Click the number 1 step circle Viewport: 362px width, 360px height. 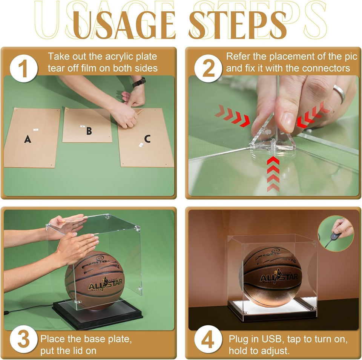(24, 69)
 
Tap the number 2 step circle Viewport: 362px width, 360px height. (209, 69)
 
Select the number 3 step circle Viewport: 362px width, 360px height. (24, 339)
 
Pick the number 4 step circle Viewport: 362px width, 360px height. (209, 339)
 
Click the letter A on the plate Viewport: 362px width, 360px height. (28, 139)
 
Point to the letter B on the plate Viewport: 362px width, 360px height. (89, 131)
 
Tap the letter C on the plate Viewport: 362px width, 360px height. (147, 139)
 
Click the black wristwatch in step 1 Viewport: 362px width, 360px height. (139, 82)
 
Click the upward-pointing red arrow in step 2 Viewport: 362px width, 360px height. (273, 174)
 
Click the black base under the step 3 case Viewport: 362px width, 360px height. (97, 313)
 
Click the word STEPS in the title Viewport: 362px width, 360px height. (238, 25)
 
